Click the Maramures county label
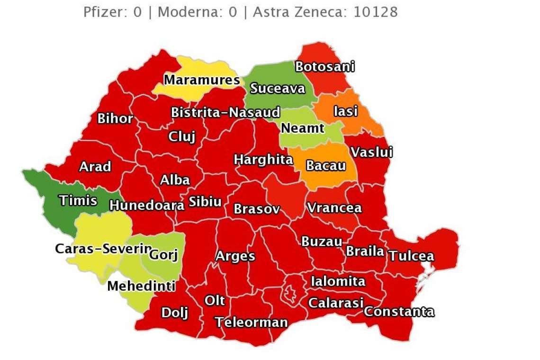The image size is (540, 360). (x=202, y=80)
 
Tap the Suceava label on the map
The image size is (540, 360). (x=278, y=88)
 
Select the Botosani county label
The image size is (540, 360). (x=324, y=67)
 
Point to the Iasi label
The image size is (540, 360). (x=345, y=111)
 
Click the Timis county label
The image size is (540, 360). (x=78, y=200)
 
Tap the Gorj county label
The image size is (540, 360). (x=163, y=255)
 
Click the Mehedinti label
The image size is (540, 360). (x=141, y=286)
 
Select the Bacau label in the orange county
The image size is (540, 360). (x=325, y=166)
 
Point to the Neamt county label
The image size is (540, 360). (x=303, y=128)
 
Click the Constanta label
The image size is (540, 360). (x=399, y=312)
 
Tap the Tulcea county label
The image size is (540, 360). (x=411, y=256)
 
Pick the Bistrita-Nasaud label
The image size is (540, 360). (x=225, y=113)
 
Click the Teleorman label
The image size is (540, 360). (x=251, y=323)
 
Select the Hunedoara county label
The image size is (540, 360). (x=147, y=205)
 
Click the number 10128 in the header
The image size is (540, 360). (x=376, y=12)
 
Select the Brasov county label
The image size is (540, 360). (x=257, y=208)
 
